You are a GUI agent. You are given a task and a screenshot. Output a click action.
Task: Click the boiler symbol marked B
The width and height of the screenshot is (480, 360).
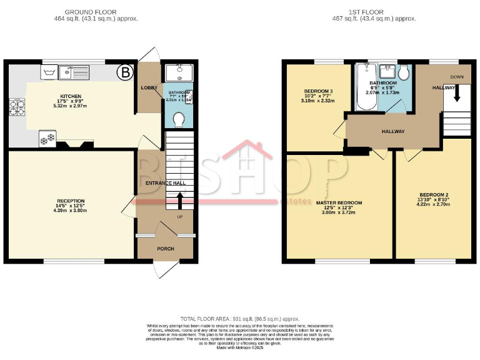(126, 73)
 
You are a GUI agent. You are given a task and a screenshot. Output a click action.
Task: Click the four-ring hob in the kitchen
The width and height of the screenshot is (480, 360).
(16, 109)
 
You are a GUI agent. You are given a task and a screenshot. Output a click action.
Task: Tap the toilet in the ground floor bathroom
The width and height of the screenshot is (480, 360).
(179, 118)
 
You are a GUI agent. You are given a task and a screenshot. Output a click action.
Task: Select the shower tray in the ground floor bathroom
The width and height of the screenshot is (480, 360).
(179, 73)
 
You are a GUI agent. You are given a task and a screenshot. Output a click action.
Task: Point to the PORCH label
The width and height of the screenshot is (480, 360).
(166, 249)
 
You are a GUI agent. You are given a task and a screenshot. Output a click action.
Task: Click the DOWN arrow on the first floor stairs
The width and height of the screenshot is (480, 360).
(457, 93)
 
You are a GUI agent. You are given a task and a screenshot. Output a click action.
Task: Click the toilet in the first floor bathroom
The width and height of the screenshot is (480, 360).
(404, 73)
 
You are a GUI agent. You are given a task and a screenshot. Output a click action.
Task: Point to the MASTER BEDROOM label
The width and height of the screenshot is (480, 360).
(339, 202)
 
